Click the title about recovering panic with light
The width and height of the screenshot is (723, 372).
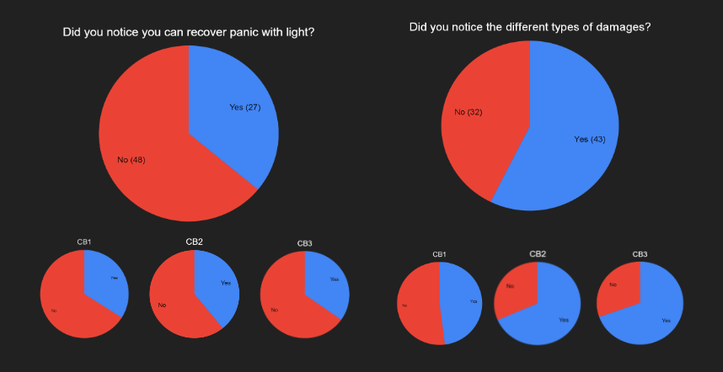pyautogui.click(x=195, y=33)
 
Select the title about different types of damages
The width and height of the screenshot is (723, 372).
pyautogui.click(x=529, y=27)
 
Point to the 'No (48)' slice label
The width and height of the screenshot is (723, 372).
pyautogui.click(x=131, y=160)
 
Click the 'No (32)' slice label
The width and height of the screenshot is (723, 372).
pyautogui.click(x=469, y=112)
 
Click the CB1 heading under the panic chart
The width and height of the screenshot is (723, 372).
pyautogui.click(x=84, y=242)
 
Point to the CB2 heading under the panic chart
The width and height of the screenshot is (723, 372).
pyautogui.click(x=195, y=242)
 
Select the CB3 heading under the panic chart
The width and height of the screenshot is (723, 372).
pyautogui.click(x=305, y=244)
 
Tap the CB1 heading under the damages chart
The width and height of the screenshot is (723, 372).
pyautogui.click(x=439, y=254)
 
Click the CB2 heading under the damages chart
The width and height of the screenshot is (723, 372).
pyautogui.click(x=538, y=253)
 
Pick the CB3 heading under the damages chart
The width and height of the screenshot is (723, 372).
pyautogui.click(x=640, y=254)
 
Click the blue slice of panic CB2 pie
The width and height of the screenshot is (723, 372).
pyautogui.click(x=217, y=286)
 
